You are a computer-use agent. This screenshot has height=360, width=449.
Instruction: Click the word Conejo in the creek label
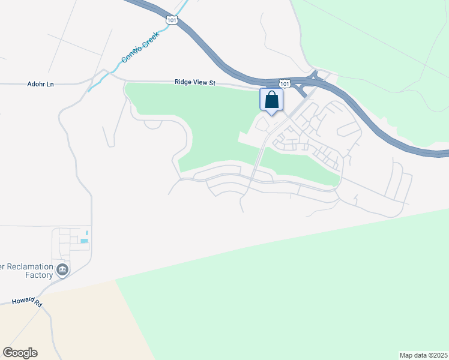pos(130,54)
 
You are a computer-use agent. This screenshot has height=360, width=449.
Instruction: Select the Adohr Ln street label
pos(41,84)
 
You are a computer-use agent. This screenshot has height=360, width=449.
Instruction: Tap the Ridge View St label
pos(194,82)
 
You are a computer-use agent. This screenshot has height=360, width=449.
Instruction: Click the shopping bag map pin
pos(271,100)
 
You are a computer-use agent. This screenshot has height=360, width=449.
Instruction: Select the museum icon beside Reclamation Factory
pos(62,271)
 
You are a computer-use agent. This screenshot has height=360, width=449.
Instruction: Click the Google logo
pos(20,353)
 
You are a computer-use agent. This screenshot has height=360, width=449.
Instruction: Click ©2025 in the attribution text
pos(438,355)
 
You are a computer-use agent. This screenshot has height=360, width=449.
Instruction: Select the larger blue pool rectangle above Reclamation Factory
pos(84,241)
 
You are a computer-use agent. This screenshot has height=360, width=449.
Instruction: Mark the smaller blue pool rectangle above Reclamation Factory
pos(88,233)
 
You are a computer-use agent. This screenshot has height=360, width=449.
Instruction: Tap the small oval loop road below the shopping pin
pos(262,124)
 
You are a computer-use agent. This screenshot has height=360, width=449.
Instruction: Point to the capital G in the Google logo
pos(7,353)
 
